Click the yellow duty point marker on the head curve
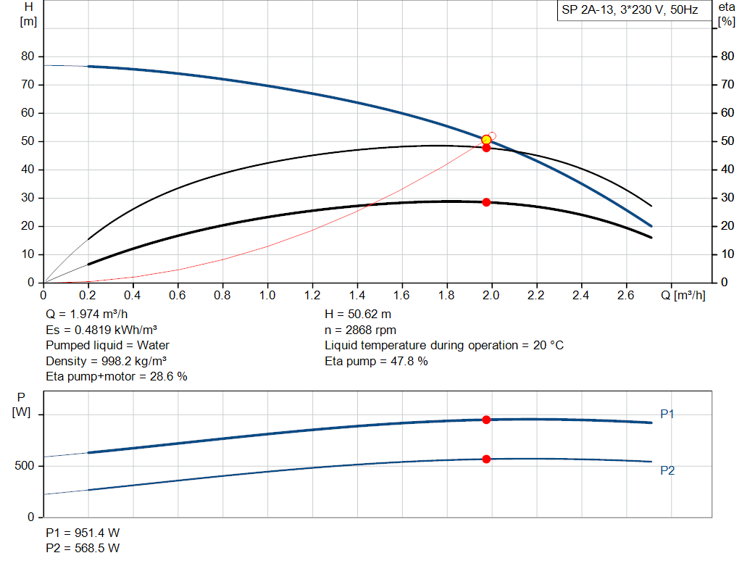[486, 140]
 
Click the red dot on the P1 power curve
[486, 420]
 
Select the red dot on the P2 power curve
[486, 459]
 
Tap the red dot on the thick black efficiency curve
[486, 202]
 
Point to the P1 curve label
[667, 414]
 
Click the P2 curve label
[667, 470]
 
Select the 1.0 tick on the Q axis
[268, 296]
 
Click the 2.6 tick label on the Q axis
[626, 296]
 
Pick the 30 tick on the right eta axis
[725, 198]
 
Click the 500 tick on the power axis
[25, 466]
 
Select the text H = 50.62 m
[359, 315]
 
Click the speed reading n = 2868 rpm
[360, 330]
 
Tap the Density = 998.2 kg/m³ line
[101, 360]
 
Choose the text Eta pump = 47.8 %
[376, 360]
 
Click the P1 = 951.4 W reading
[83, 533]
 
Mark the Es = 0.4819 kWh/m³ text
[101, 330]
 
